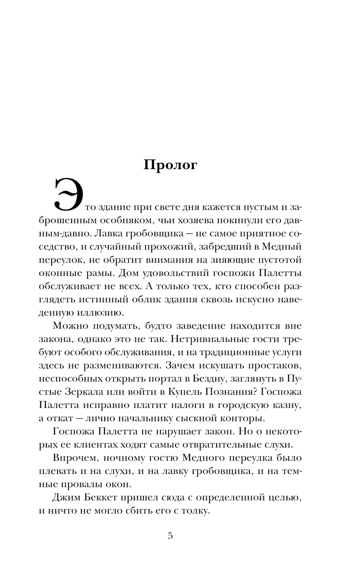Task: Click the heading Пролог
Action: (x=170, y=165)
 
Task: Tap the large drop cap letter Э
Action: (x=68, y=194)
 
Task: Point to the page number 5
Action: (x=170, y=536)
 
